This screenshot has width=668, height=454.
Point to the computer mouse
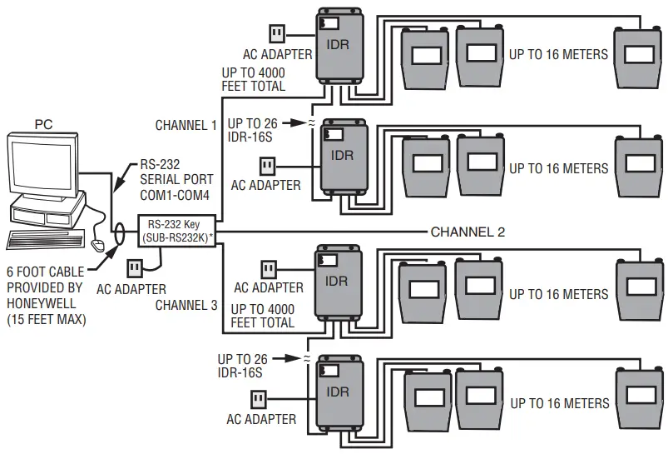point(99,245)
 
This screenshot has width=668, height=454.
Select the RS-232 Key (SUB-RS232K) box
point(177,230)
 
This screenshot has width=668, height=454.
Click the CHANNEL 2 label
point(468,232)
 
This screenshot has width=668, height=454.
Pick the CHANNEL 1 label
point(186,125)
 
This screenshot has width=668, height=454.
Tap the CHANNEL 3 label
point(186,305)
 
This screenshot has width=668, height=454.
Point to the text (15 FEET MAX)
point(47,318)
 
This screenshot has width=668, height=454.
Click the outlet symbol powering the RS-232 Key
point(135,268)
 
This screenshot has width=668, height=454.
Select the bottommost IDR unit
point(339,391)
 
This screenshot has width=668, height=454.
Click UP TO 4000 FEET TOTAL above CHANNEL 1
point(253,79)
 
